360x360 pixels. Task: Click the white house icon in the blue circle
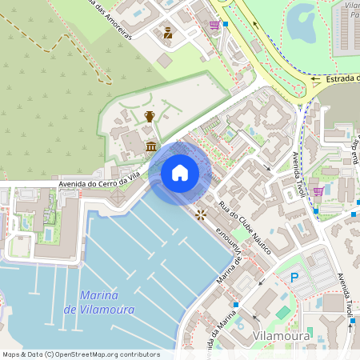[180, 173]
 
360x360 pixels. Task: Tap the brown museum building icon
[152, 146]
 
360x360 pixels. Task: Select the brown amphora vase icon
[149, 117]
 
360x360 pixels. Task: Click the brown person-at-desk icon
[168, 33]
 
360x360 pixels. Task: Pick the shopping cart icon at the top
[214, 25]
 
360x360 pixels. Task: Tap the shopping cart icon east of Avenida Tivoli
[318, 191]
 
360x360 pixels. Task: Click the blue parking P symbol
[294, 278]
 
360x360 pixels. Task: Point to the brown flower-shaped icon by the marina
[200, 214]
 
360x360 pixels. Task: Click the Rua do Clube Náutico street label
[244, 229]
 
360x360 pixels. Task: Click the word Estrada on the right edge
[342, 78]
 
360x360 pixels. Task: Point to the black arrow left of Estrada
[316, 79]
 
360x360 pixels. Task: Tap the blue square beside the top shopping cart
[226, 25]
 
